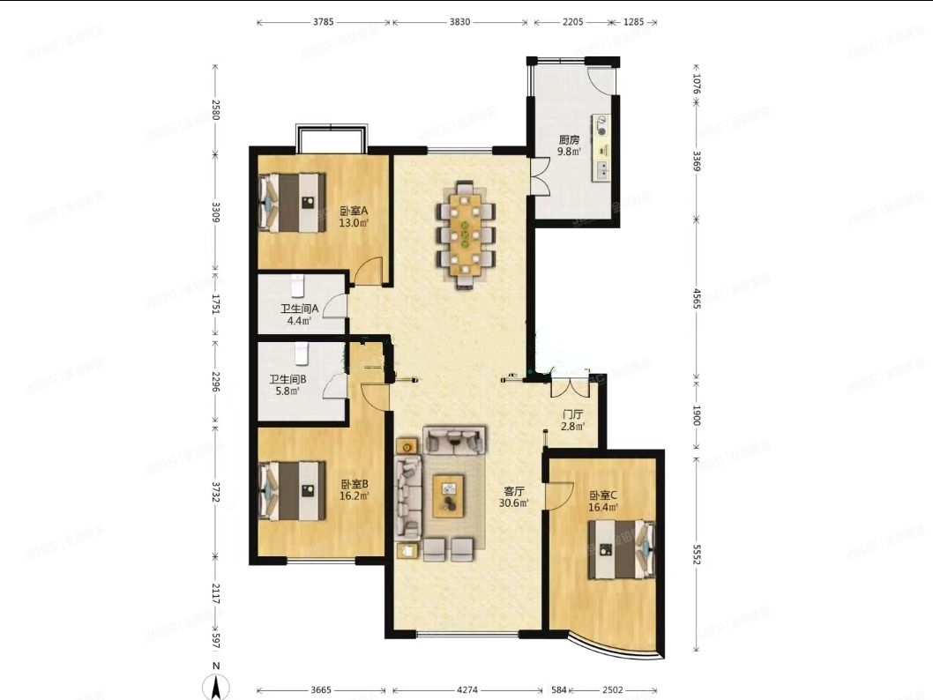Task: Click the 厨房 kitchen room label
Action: tap(569, 139)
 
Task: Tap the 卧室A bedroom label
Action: tap(353, 212)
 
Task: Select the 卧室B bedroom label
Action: tap(354, 484)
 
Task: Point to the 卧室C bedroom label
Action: tap(603, 495)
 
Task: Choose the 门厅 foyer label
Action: tap(573, 414)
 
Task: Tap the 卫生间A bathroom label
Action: tap(300, 309)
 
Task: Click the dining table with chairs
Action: tap(466, 234)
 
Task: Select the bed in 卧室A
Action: tap(292, 203)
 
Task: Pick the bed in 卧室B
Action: tap(292, 491)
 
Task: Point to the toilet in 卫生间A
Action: tap(297, 285)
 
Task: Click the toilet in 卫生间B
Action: tap(302, 353)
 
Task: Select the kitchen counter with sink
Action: tap(602, 146)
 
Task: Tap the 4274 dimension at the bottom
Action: tap(466, 690)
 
